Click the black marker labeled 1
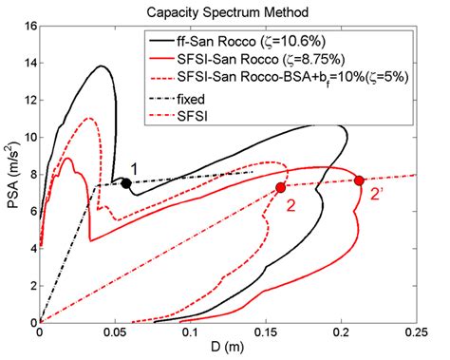click(125, 183)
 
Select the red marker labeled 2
click(280, 188)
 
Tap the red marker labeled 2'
click(359, 180)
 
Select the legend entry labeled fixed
click(210, 97)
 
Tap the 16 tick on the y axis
click(28, 26)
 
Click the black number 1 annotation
click(135, 168)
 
